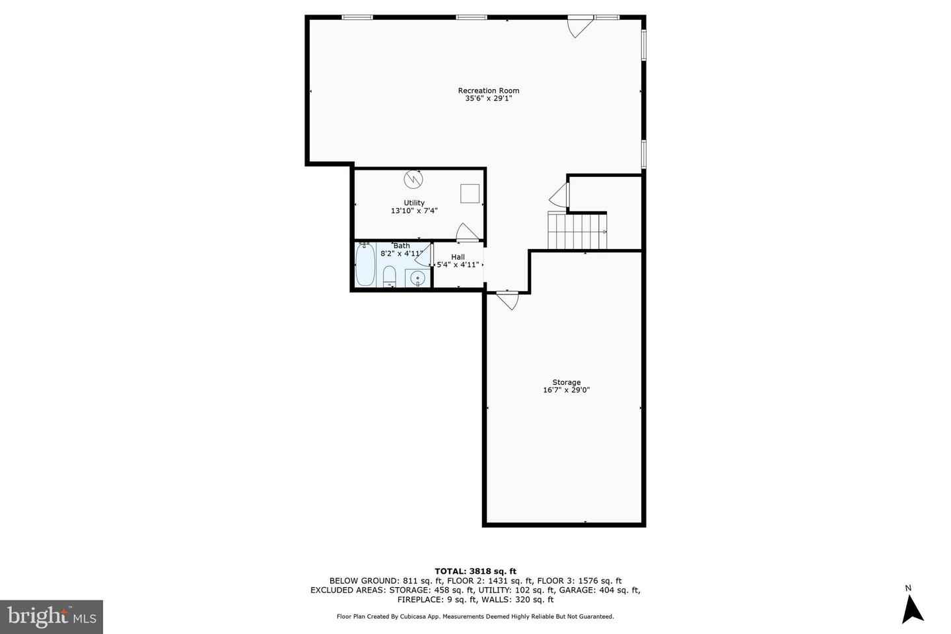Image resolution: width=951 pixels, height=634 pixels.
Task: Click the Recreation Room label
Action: (488, 90)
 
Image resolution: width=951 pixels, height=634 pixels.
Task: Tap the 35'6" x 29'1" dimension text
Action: (488, 98)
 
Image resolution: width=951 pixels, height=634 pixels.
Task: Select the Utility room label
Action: (414, 203)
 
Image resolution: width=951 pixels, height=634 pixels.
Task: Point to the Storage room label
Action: (567, 382)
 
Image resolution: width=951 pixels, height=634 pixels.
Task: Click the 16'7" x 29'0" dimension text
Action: (567, 390)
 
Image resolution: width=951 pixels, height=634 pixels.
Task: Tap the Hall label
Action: (458, 257)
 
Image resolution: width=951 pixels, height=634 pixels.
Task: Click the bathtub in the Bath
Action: (365, 265)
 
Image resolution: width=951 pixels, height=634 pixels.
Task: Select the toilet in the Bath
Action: (390, 277)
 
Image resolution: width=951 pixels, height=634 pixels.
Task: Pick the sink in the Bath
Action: (418, 279)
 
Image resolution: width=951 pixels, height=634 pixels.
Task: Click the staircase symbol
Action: (577, 231)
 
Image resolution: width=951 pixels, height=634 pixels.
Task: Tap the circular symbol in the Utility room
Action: (413, 179)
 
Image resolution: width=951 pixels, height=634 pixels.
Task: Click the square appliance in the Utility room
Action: (470, 194)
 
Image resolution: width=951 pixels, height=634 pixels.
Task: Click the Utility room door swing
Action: (467, 232)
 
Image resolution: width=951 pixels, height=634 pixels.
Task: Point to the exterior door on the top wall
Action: (581, 26)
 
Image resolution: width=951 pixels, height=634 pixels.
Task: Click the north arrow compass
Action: (913, 610)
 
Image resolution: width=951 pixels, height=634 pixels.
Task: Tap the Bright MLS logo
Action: (52, 617)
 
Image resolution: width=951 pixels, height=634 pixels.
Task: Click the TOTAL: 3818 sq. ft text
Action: (475, 571)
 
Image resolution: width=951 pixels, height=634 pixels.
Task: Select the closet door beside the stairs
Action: (559, 195)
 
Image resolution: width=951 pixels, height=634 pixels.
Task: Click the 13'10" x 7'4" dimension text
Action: (414, 211)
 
